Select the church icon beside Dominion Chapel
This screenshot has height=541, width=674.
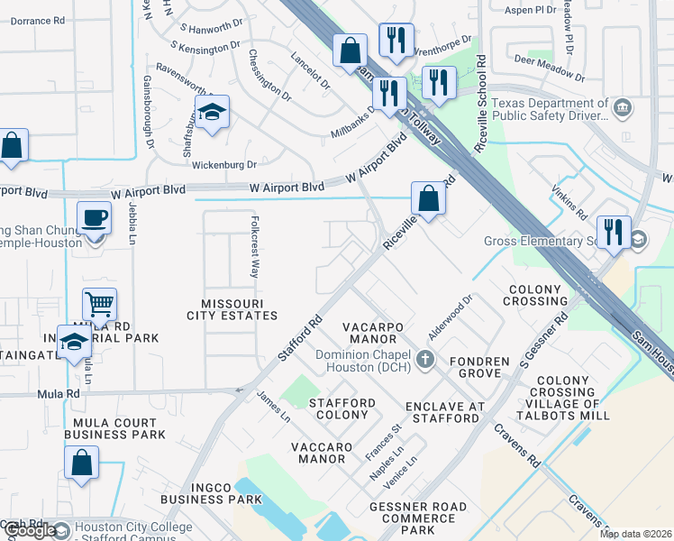pyautogui.click(x=426, y=362)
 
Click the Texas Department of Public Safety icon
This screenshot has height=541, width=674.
pyautogui.click(x=622, y=109)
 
